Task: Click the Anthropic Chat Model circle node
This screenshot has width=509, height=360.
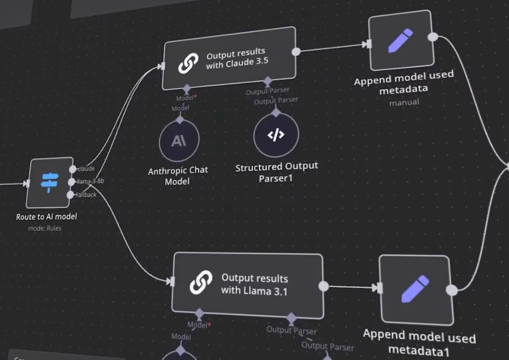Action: [179, 141]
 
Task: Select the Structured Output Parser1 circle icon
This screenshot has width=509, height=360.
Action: [276, 135]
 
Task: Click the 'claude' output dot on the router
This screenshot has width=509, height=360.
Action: [72, 169]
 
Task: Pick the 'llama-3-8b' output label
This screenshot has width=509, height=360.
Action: [91, 181]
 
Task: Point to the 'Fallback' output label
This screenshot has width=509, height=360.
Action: [86, 194]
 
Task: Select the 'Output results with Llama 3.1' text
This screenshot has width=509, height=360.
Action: [254, 284]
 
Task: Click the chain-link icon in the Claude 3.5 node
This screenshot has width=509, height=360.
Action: [188, 64]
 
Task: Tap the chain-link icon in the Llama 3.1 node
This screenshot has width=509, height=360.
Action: [201, 282]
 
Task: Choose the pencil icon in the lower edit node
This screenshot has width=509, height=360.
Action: [415, 289]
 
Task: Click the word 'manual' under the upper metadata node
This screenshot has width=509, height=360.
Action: [404, 102]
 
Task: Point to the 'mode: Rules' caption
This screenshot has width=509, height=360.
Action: [45, 228]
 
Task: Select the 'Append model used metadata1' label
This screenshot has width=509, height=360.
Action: [419, 343]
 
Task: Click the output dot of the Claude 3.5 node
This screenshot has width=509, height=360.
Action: [296, 51]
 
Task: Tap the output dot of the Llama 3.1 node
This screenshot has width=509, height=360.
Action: [323, 286]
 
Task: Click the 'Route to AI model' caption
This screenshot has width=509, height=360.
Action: [46, 217]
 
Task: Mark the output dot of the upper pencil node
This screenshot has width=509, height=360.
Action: [433, 37]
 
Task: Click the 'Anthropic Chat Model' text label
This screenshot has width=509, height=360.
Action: [178, 176]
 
